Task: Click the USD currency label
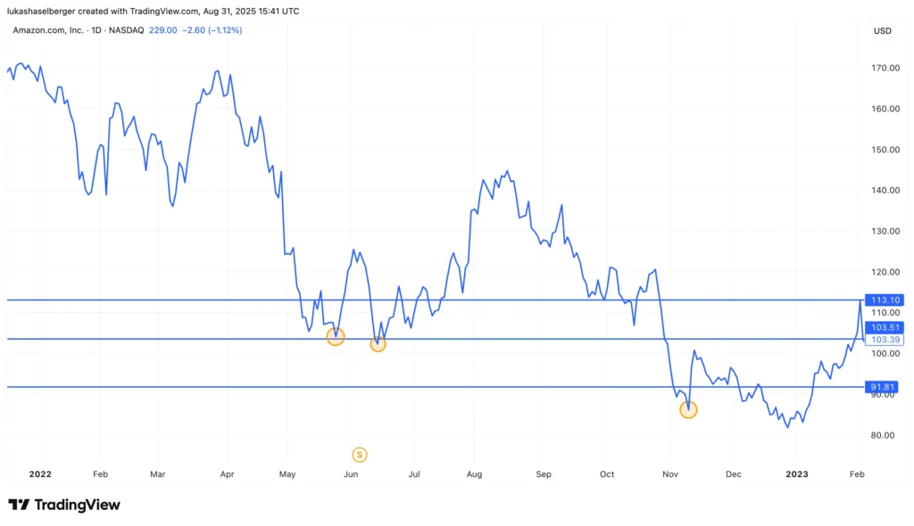click(x=882, y=31)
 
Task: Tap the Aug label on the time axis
click(x=474, y=474)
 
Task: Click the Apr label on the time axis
click(x=227, y=474)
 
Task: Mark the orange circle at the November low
click(x=688, y=409)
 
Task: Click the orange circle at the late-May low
click(x=335, y=336)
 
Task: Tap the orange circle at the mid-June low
click(x=378, y=344)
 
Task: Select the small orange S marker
click(x=360, y=455)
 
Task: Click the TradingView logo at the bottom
click(x=64, y=505)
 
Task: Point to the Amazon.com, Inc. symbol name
click(x=47, y=30)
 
